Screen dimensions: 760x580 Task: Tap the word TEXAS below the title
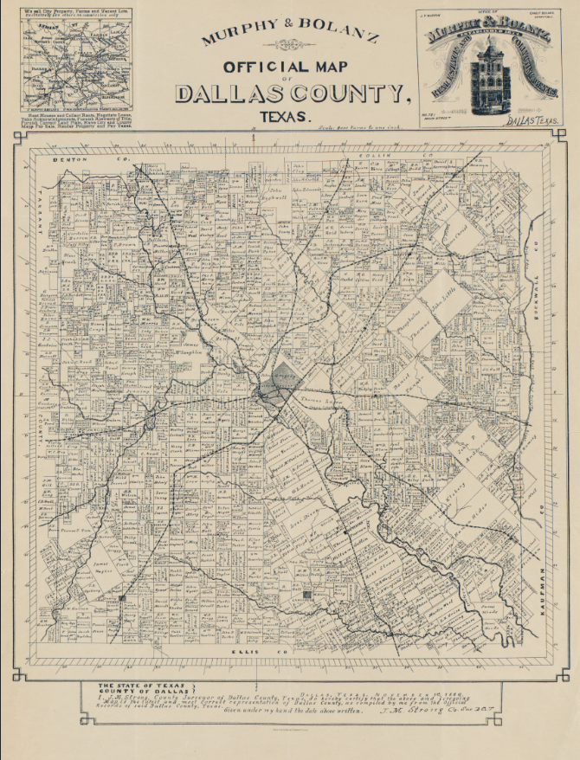[279, 115]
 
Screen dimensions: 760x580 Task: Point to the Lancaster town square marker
[308, 595]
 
